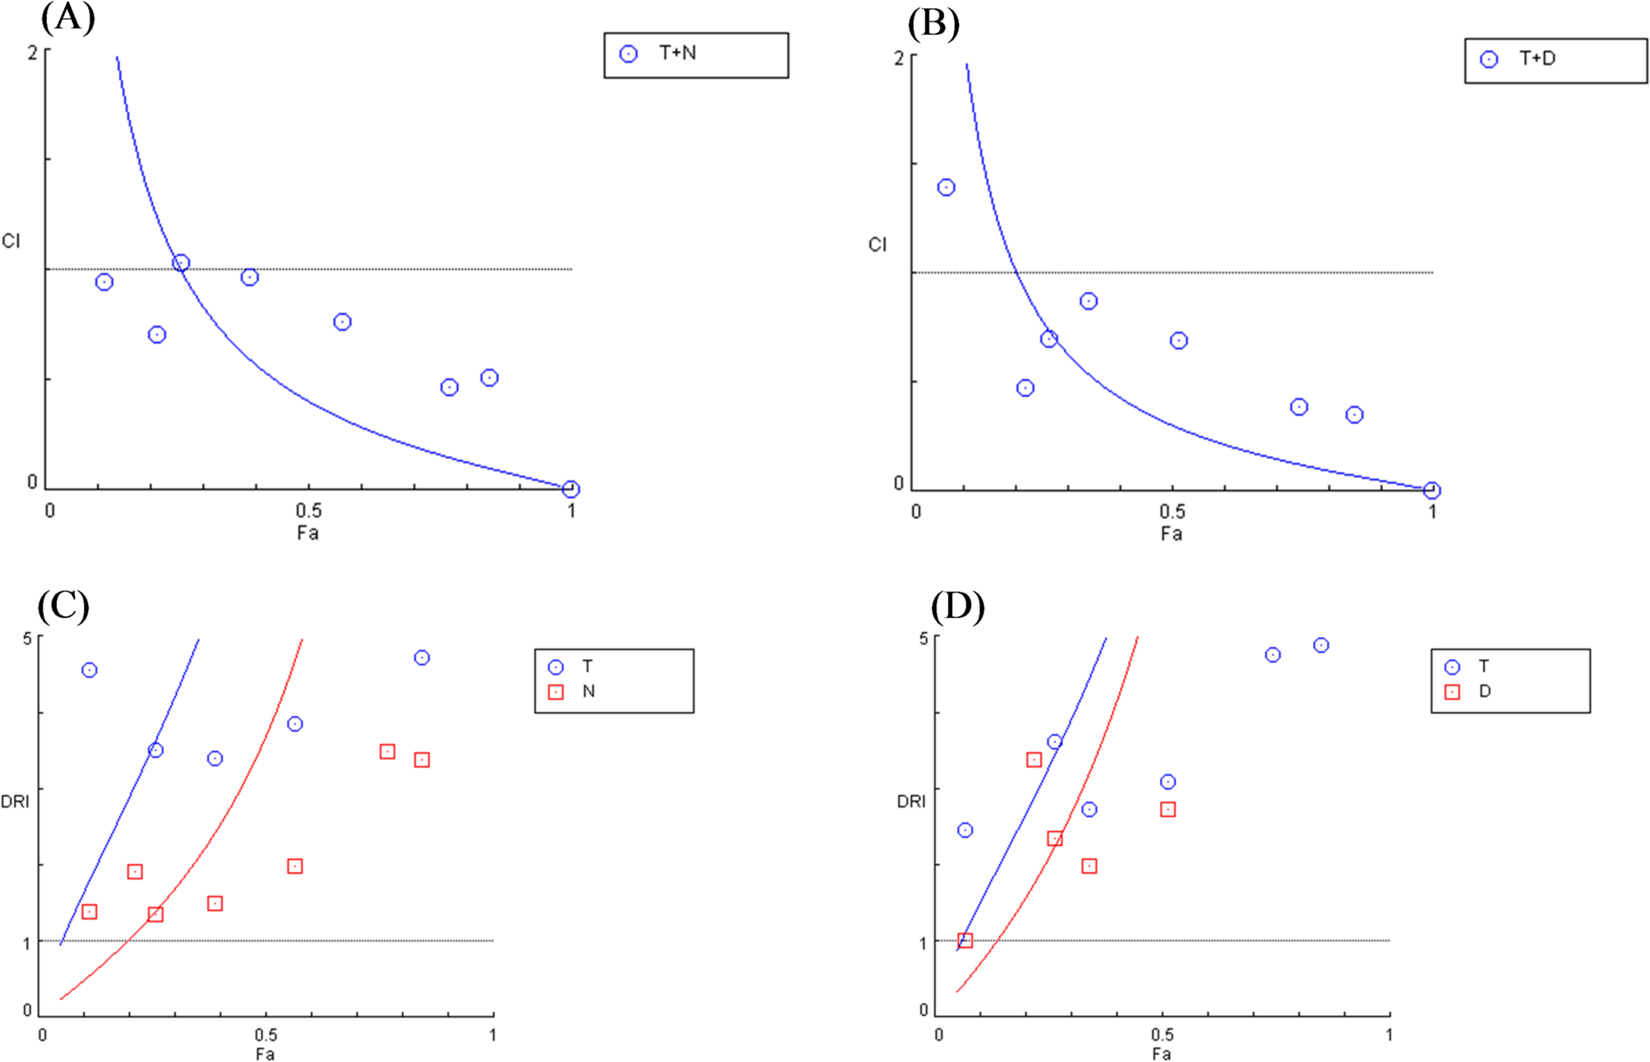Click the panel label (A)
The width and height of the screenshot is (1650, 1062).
(x=67, y=18)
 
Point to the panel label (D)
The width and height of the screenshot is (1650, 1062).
(x=957, y=607)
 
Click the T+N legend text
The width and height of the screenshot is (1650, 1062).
(x=678, y=53)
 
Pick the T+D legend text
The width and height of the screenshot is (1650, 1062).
(x=1537, y=58)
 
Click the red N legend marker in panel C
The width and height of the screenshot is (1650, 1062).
(x=556, y=692)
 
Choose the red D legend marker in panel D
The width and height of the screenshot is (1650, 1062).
(x=1452, y=692)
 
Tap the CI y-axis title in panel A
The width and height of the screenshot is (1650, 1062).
(x=11, y=241)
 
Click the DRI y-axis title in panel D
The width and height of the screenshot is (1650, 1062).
(x=910, y=801)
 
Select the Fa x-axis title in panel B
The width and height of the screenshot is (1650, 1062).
(x=1171, y=534)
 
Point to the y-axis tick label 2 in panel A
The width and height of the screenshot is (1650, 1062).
(x=33, y=53)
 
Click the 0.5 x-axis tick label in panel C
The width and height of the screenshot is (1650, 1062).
(x=265, y=1035)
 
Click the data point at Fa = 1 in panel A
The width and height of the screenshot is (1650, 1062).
(x=571, y=489)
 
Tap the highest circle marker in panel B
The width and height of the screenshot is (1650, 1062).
(x=947, y=187)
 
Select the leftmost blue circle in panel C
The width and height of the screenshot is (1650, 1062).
(x=90, y=670)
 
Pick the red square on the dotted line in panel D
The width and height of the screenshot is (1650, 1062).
(x=966, y=940)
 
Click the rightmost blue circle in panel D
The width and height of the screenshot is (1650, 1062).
(x=1320, y=645)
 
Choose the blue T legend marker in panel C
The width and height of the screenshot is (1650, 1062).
(x=556, y=667)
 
